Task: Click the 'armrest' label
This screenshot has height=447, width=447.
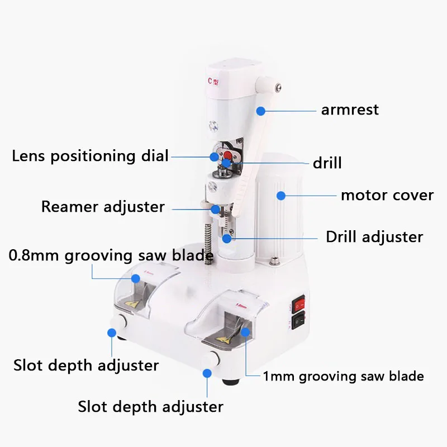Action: (349, 110)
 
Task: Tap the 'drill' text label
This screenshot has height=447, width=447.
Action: (327, 163)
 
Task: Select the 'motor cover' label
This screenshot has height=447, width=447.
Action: (387, 196)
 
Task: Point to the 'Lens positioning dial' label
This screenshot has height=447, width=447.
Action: (90, 156)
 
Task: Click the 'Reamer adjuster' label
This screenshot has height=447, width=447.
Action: (103, 207)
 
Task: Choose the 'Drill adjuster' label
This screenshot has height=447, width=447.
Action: (374, 236)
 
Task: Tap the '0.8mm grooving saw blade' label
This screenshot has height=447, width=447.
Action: (111, 256)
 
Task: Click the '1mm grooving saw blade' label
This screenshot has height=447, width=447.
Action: (343, 376)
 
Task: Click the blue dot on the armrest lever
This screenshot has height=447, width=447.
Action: (260, 111)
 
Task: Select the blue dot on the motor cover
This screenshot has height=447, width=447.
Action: (281, 196)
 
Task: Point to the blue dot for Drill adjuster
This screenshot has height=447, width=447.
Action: (226, 238)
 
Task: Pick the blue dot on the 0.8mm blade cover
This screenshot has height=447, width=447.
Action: (135, 278)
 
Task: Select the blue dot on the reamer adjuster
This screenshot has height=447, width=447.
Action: (216, 209)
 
